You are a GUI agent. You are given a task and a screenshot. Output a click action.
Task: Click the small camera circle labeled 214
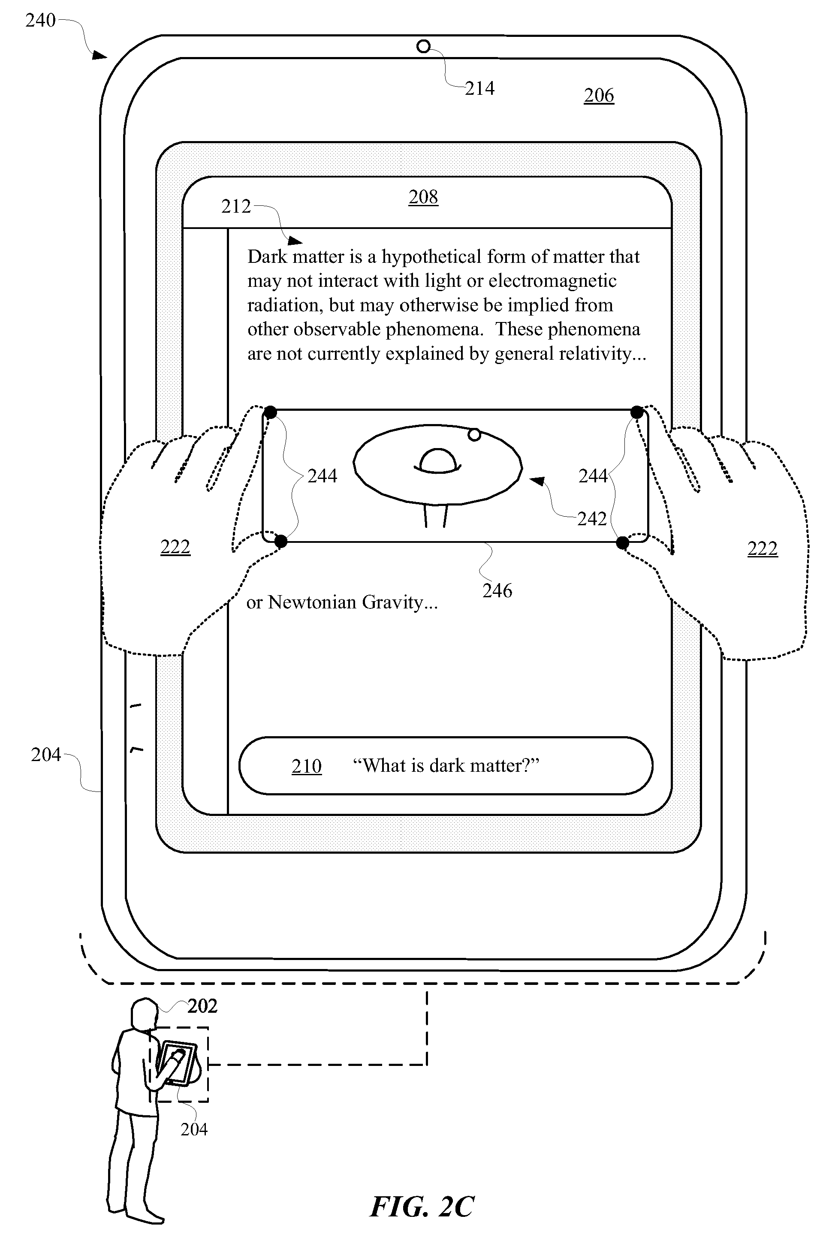(423, 47)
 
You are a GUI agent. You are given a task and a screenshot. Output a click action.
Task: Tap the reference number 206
(599, 96)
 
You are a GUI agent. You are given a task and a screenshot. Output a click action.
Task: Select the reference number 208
(423, 197)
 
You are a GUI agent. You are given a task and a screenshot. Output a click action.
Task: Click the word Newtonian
(312, 602)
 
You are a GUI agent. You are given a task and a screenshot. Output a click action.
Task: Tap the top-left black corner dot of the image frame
(271, 412)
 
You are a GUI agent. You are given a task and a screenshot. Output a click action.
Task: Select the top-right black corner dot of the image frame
(637, 412)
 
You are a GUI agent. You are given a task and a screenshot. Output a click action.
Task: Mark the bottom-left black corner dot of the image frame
(280, 542)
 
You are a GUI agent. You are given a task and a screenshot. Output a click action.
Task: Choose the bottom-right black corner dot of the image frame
(623, 542)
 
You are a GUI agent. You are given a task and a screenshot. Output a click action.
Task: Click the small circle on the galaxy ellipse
(474, 435)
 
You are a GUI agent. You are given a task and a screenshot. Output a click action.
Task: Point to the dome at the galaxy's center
(437, 460)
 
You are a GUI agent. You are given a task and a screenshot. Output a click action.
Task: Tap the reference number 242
(592, 518)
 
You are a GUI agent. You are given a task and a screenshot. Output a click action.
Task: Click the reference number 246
(497, 590)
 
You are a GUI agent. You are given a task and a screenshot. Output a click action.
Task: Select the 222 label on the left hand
(175, 547)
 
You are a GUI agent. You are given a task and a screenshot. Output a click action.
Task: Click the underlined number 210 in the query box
(307, 767)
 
